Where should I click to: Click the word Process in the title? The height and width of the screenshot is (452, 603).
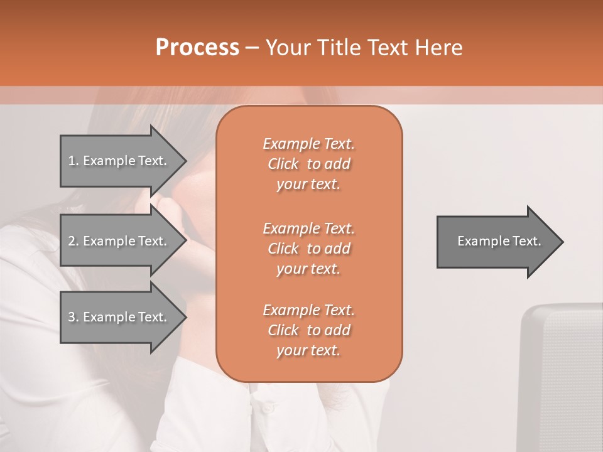point(197,48)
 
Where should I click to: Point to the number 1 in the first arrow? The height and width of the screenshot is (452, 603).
point(72,161)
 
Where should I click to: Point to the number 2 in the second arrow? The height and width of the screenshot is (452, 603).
point(72,241)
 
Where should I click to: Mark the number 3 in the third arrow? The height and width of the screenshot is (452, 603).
point(72,317)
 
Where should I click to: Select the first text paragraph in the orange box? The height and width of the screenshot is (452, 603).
point(308,164)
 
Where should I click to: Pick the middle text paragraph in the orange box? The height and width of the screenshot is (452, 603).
point(308,249)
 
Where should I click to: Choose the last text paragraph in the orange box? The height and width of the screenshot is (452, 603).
point(308,330)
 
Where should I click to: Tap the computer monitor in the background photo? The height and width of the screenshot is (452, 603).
point(562,377)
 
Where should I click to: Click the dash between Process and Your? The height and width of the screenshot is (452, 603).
point(252,48)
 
